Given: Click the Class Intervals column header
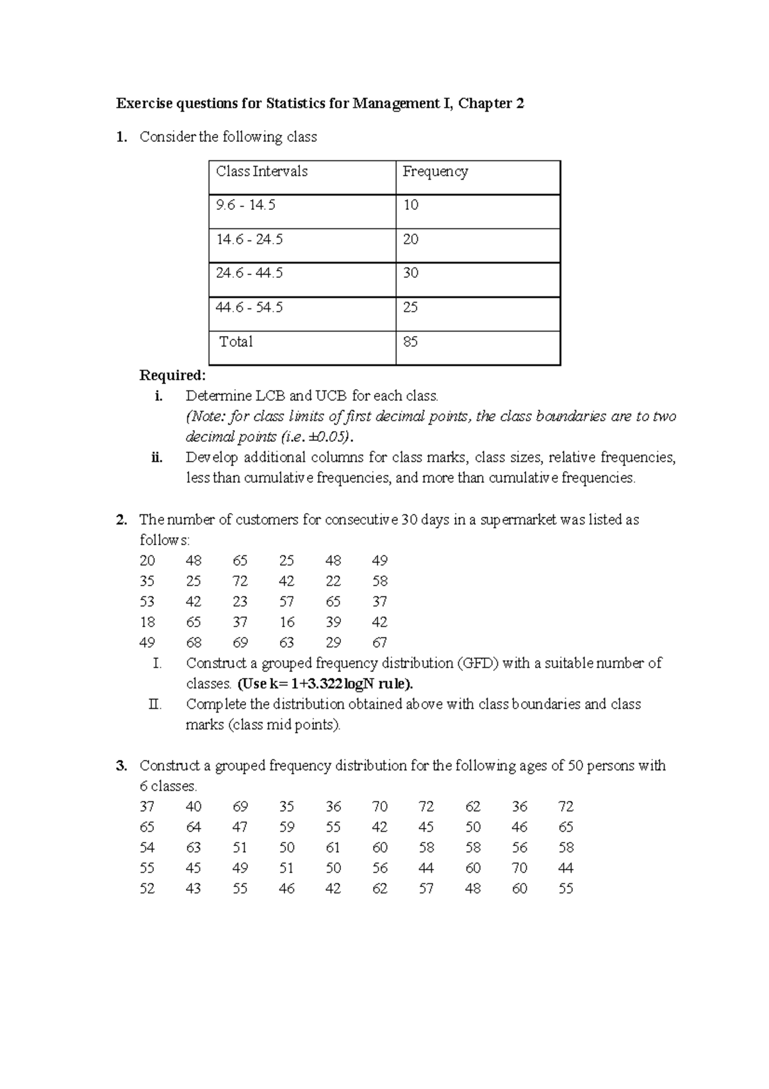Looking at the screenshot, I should (x=261, y=172).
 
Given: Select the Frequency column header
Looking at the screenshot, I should (x=435, y=172).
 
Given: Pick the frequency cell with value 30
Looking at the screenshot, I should (x=411, y=273).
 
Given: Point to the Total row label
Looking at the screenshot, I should (x=236, y=342).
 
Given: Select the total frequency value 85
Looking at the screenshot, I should (x=411, y=342).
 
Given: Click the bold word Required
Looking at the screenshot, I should (x=172, y=375).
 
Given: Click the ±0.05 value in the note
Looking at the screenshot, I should (x=329, y=437).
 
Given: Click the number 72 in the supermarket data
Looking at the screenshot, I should (x=240, y=581).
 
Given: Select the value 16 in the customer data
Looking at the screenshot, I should (x=286, y=622).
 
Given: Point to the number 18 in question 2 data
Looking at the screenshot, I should (x=147, y=622).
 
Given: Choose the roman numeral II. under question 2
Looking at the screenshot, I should (x=154, y=704).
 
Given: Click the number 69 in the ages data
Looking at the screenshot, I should (x=240, y=807).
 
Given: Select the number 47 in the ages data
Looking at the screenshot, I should (x=240, y=827).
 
